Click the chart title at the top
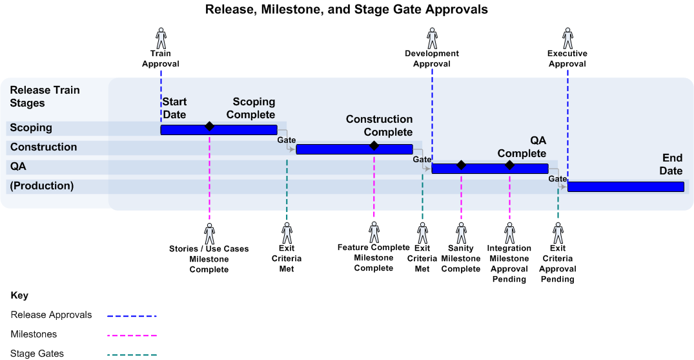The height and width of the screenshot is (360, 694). [346, 10]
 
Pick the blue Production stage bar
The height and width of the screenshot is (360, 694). [625, 187]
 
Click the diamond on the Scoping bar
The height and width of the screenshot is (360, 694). [209, 126]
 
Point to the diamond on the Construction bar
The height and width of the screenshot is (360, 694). [374, 145]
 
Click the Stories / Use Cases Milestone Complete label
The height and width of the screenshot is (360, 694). [209, 259]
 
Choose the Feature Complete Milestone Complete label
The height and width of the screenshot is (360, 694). [374, 257]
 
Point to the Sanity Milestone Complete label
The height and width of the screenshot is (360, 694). [461, 259]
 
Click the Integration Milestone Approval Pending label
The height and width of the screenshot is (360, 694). [509, 264]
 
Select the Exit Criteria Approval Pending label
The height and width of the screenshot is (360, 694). [558, 264]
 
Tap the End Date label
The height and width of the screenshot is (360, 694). [671, 164]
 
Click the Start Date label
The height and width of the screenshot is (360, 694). [174, 108]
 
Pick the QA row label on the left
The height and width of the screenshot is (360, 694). [18, 166]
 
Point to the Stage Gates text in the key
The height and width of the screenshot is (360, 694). [37, 354]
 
